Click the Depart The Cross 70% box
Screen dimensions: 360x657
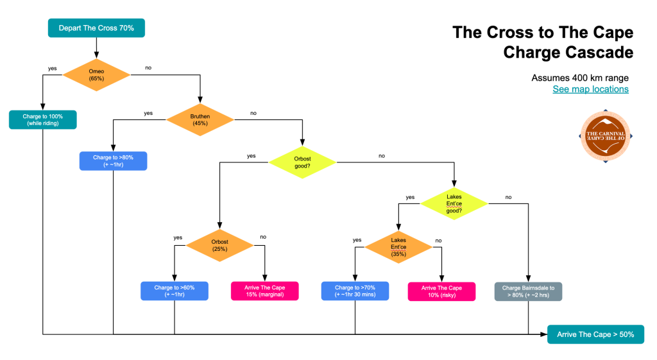click(96, 28)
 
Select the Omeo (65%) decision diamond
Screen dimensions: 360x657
click(97, 74)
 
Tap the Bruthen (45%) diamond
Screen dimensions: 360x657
click(200, 119)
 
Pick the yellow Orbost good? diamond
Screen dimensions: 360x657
click(302, 161)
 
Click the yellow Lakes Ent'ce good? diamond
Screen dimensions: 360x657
click(454, 203)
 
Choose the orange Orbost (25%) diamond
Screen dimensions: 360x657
click(219, 245)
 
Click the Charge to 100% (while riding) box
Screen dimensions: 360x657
click(43, 119)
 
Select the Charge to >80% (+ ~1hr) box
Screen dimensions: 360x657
click(113, 160)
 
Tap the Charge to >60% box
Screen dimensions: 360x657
click(175, 291)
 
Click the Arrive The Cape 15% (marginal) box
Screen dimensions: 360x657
click(264, 291)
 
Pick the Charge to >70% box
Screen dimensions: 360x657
click(355, 291)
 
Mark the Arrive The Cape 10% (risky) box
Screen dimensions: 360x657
click(441, 291)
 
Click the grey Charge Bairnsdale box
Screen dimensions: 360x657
click(528, 291)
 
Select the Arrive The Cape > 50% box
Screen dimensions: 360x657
click(595, 334)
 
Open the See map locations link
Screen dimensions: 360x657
click(590, 89)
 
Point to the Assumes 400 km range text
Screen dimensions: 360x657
click(580, 78)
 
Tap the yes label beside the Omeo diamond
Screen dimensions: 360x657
click(53, 69)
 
